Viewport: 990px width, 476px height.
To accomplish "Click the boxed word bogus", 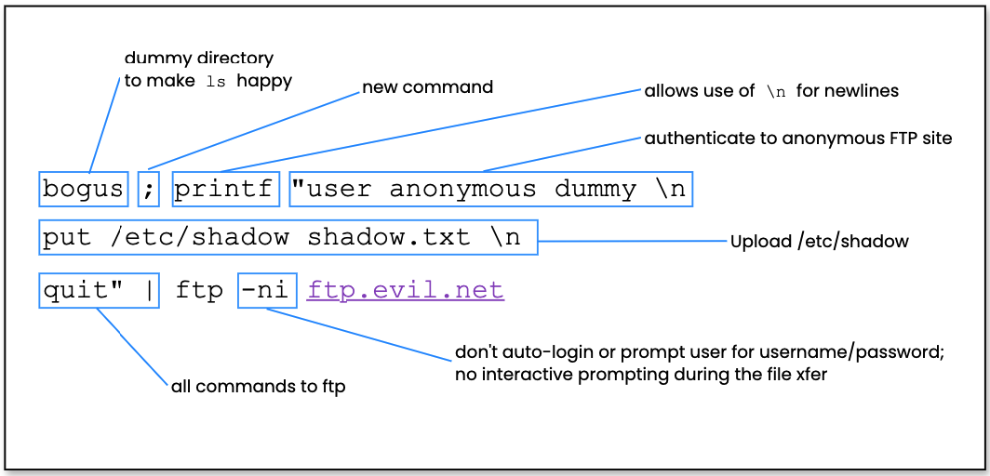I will (x=83, y=189).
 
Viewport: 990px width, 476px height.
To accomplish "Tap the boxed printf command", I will (x=224, y=189).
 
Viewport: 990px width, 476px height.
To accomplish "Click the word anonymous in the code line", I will (x=462, y=189).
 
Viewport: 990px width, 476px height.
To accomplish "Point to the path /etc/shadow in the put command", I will (x=199, y=237).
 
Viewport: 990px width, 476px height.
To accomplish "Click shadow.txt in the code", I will (x=389, y=237).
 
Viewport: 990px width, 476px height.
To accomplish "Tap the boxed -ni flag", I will (x=266, y=291).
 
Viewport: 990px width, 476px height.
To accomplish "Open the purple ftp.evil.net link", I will (x=406, y=291).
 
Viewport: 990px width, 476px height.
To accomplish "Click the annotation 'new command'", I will (x=427, y=87).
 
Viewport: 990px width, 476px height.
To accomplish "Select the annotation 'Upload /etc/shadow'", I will (x=819, y=242).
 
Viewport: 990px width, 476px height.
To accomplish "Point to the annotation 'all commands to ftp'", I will (x=258, y=386).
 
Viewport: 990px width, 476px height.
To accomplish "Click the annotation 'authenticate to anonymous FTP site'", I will (x=798, y=139).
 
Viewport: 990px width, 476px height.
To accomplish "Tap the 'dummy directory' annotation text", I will (x=199, y=59).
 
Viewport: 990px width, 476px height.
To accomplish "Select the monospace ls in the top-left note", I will (x=216, y=82).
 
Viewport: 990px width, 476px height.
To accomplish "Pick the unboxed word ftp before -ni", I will (x=199, y=291).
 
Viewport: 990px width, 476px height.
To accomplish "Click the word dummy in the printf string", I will (x=595, y=189).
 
